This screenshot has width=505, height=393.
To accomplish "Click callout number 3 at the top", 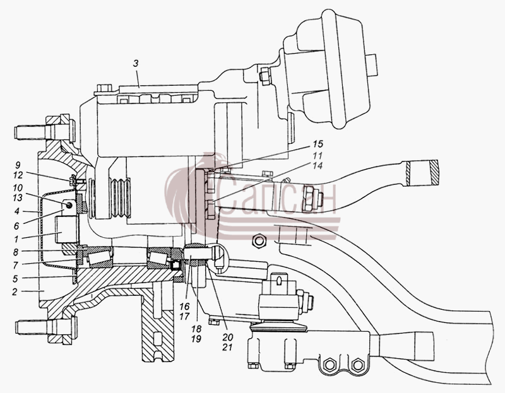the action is pos(136,64).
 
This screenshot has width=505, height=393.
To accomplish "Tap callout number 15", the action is pos(318,144).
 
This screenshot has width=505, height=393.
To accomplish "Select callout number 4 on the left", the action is pos(17,211).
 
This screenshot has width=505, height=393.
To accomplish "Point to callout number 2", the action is pos(15,292).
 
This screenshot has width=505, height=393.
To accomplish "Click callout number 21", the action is pos(227,348).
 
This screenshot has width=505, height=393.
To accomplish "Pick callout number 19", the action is pos(196,339).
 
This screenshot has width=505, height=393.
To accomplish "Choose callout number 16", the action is pos(184,306).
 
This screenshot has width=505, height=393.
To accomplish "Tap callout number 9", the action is pos(18,165).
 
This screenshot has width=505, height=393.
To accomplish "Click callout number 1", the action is pos(16,239).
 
